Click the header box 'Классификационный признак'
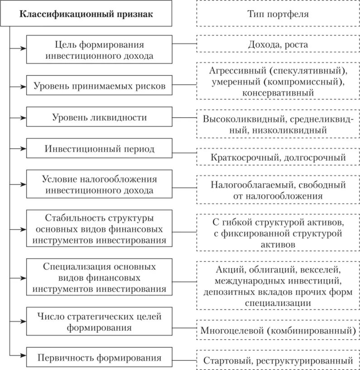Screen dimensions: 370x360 coord(86,14)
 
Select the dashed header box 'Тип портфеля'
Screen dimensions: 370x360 coord(278,14)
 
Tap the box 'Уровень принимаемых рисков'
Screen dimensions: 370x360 coord(99,85)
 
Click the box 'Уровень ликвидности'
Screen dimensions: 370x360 coord(99,118)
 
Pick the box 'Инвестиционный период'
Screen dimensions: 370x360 coord(99,149)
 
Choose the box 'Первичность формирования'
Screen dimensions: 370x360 coord(99,358)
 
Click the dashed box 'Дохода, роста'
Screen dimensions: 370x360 coord(278,45)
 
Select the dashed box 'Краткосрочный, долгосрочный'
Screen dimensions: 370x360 coord(278,157)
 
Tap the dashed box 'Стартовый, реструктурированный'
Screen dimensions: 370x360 coord(278,361)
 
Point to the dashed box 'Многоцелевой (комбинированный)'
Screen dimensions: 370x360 coord(278,330)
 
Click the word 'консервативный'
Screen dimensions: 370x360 coord(278,92)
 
